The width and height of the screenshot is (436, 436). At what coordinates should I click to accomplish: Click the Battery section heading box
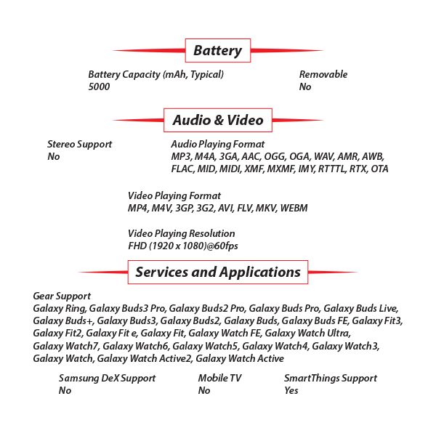pyautogui.click(x=217, y=51)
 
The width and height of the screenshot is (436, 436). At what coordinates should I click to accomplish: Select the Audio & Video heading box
pyautogui.click(x=217, y=120)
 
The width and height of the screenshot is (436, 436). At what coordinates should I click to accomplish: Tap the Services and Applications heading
pyautogui.click(x=217, y=272)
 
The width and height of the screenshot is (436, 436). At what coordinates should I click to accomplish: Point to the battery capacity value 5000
pyautogui.click(x=99, y=86)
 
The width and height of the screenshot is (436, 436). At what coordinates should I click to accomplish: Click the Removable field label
pyautogui.click(x=323, y=74)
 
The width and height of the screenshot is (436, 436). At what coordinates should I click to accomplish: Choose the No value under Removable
pyautogui.click(x=305, y=86)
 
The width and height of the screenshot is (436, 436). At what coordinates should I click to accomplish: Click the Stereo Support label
pyautogui.click(x=79, y=144)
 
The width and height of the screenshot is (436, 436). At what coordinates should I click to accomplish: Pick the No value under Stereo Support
pyautogui.click(x=53, y=156)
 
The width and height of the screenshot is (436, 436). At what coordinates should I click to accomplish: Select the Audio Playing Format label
pyautogui.click(x=217, y=144)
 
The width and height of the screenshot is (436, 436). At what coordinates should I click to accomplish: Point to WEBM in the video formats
pyautogui.click(x=294, y=208)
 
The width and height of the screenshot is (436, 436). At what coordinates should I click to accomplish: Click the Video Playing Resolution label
pyautogui.click(x=181, y=233)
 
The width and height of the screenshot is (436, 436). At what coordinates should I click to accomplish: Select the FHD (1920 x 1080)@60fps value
pyautogui.click(x=182, y=246)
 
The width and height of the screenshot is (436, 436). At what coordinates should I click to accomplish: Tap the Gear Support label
pyautogui.click(x=62, y=296)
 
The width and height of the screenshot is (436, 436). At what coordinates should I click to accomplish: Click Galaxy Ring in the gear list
pyautogui.click(x=57, y=308)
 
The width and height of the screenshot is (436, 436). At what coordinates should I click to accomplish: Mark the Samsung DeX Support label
pyautogui.click(x=107, y=378)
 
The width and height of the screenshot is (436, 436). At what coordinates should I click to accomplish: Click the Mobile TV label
pyautogui.click(x=219, y=378)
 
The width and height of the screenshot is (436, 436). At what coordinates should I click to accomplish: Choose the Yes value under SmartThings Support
pyautogui.click(x=291, y=390)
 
